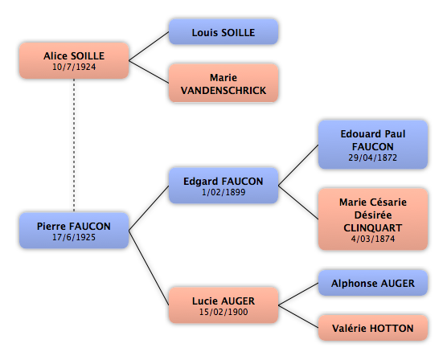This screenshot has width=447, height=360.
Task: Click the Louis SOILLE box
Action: pyautogui.click(x=223, y=31)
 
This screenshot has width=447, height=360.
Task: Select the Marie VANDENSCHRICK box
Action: pyautogui.click(x=223, y=83)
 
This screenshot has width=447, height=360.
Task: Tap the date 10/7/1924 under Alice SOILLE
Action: pyautogui.click(x=74, y=67)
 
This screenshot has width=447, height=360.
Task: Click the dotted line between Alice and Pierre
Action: pyautogui.click(x=74, y=145)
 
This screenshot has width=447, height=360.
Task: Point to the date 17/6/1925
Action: pyautogui.click(x=74, y=237)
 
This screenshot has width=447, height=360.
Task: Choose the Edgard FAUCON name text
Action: pyautogui.click(x=223, y=182)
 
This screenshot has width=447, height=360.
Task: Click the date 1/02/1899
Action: pyautogui.click(x=223, y=192)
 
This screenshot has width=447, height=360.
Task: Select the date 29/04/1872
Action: pyautogui.click(x=372, y=157)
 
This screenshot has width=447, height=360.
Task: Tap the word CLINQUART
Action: pyautogui.click(x=372, y=227)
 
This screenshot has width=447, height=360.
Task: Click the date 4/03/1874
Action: pyautogui.click(x=372, y=239)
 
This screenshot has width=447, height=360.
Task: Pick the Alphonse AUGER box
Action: pyautogui.click(x=373, y=283)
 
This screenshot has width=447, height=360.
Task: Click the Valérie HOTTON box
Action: pyautogui.click(x=373, y=328)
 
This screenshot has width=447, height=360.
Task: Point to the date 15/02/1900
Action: pyautogui.click(x=223, y=312)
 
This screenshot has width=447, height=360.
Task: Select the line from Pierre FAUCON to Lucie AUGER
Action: pyautogui.click(x=149, y=268)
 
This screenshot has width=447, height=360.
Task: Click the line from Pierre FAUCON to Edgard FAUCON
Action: pyautogui.click(x=149, y=208)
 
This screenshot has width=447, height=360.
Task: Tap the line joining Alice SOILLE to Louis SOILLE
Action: pyautogui.click(x=149, y=46)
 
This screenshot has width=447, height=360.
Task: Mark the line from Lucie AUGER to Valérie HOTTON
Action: pyautogui.click(x=298, y=317)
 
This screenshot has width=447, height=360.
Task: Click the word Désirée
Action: pyautogui.click(x=373, y=215)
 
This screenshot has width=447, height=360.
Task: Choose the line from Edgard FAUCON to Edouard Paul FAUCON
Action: pyautogui.click(x=298, y=165)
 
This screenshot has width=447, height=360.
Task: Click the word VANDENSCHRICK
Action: pyautogui.click(x=223, y=90)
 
